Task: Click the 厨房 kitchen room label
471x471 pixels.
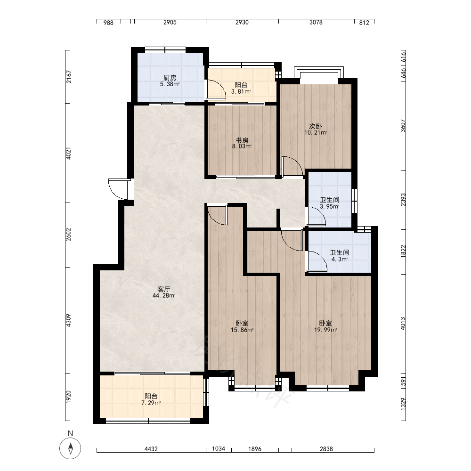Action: pos(170,78)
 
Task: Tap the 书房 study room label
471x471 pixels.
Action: pos(242,140)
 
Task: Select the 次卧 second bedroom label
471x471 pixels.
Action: pos(316,126)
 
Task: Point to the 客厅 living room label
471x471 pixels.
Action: pos(164,289)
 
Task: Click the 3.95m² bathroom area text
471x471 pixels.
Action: pos(330,206)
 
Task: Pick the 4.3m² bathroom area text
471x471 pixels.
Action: pos(340,259)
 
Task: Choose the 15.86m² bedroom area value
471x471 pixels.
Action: pos(242,330)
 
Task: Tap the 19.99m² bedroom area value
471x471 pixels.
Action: pos(325,330)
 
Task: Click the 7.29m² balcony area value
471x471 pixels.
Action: pos(151,403)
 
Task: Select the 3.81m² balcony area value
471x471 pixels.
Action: pos(241,92)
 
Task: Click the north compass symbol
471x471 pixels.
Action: pos(70,448)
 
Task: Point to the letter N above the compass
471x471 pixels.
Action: pos(71,433)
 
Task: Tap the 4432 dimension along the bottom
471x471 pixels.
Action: pos(151,449)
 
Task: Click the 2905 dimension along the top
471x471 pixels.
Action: pos(170,22)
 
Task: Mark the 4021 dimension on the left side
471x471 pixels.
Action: pos(68,153)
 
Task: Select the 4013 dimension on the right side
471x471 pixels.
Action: pos(403,324)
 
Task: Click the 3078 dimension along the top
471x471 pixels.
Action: pos(316,22)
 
